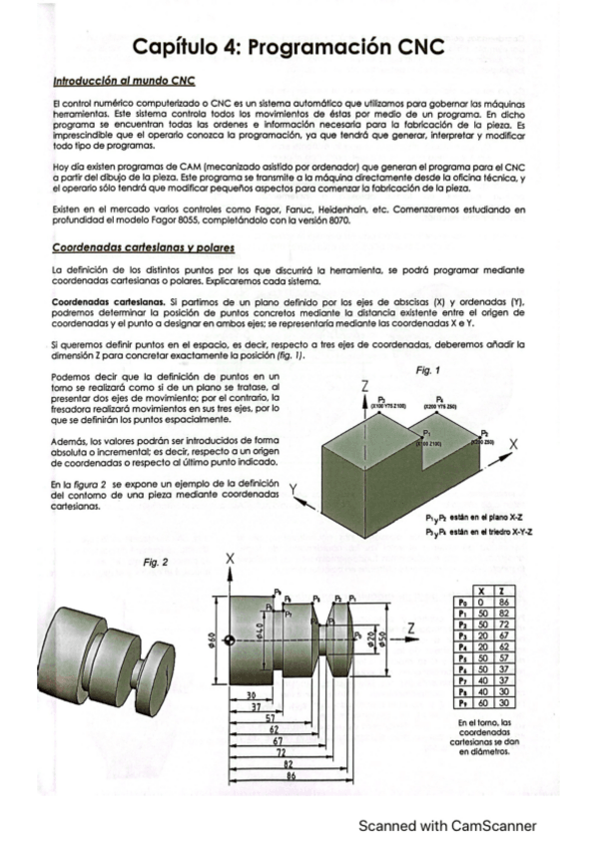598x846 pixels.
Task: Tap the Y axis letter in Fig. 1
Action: (295, 489)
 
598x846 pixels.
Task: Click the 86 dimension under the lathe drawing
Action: (291, 774)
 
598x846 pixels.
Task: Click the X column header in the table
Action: (482, 592)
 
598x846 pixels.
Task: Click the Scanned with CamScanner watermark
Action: (448, 826)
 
